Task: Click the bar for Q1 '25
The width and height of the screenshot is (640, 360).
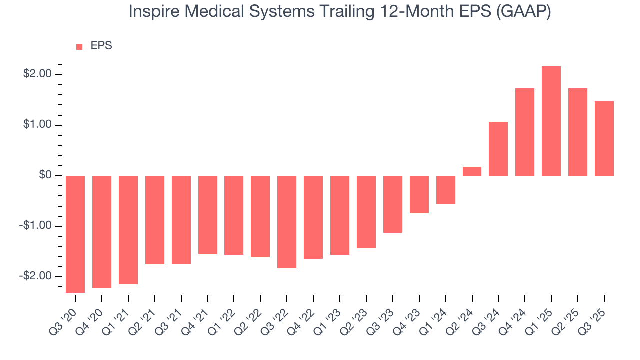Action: click(x=551, y=121)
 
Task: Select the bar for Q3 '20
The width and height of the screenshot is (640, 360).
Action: click(x=75, y=234)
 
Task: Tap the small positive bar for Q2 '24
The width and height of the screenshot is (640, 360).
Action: click(x=472, y=171)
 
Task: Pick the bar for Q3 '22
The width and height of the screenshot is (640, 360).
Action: click(x=287, y=222)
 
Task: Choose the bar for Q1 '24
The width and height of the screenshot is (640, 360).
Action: click(x=445, y=190)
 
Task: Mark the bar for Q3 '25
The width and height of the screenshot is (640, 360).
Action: click(x=604, y=138)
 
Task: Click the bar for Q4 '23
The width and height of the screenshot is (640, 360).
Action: click(x=419, y=194)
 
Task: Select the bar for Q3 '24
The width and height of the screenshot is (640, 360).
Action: click(x=498, y=149)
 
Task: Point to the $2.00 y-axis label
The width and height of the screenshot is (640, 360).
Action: click(x=37, y=74)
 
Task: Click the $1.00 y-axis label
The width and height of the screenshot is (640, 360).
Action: click(x=37, y=125)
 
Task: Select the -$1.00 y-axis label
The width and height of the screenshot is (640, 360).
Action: click(x=36, y=226)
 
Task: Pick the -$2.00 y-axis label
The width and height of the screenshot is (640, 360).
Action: click(x=36, y=276)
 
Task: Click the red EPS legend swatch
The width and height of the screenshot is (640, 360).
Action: click(x=79, y=47)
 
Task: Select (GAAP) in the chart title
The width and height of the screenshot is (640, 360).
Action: click(x=524, y=12)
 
